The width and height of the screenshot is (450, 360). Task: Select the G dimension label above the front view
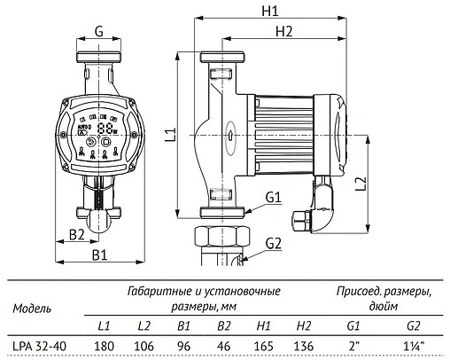(99, 31)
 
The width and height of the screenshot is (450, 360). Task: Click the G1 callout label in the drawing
(272, 197)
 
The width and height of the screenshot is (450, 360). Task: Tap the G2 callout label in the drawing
(273, 242)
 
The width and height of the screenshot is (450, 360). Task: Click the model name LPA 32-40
(36, 345)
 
